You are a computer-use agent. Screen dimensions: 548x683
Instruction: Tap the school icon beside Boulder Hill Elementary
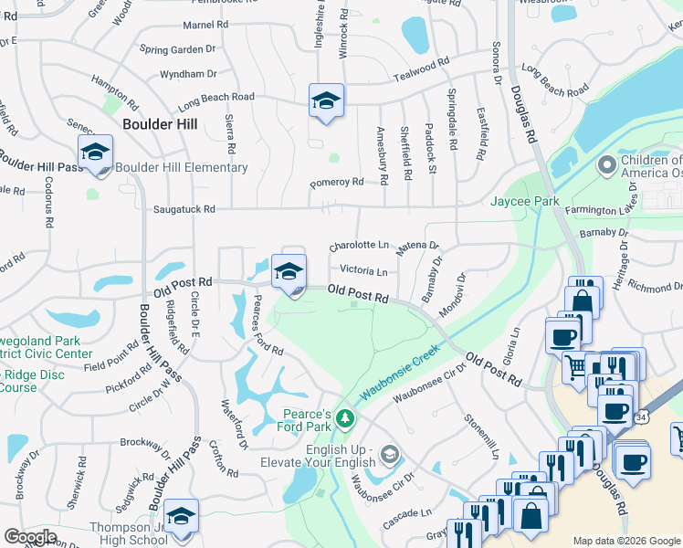point(94,156)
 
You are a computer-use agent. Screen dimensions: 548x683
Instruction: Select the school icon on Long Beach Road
point(326,101)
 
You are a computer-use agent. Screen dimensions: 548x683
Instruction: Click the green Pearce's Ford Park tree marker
point(344,419)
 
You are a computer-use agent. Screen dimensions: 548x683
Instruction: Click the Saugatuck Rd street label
point(184,209)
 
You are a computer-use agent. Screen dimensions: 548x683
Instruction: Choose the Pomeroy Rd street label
point(336,182)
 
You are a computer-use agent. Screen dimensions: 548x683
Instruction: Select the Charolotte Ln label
point(359,246)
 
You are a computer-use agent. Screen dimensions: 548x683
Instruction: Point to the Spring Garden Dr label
point(177,49)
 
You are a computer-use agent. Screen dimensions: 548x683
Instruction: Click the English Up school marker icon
point(390,454)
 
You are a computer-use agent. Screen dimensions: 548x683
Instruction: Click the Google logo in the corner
point(30,537)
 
